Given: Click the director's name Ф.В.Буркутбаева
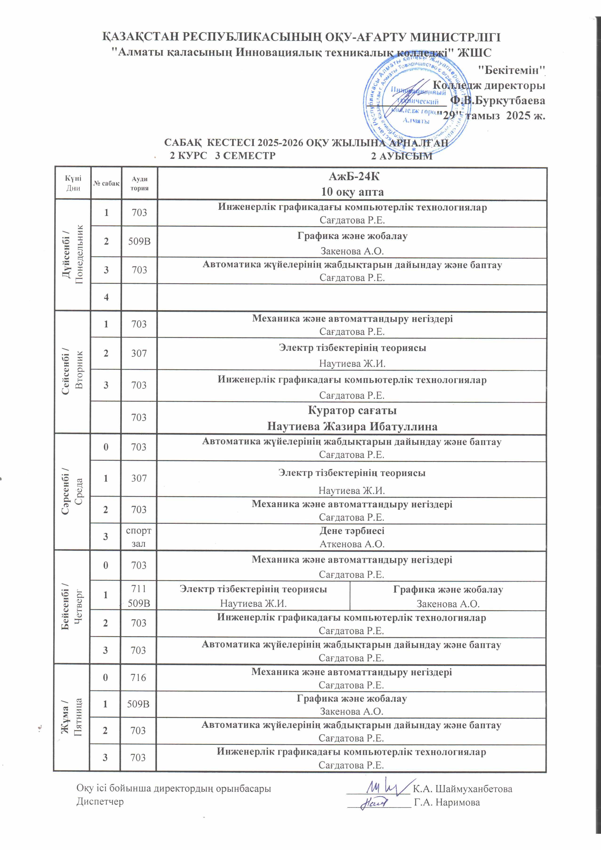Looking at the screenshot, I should click(497, 100).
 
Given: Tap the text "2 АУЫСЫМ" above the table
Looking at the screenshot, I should click(402, 156).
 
